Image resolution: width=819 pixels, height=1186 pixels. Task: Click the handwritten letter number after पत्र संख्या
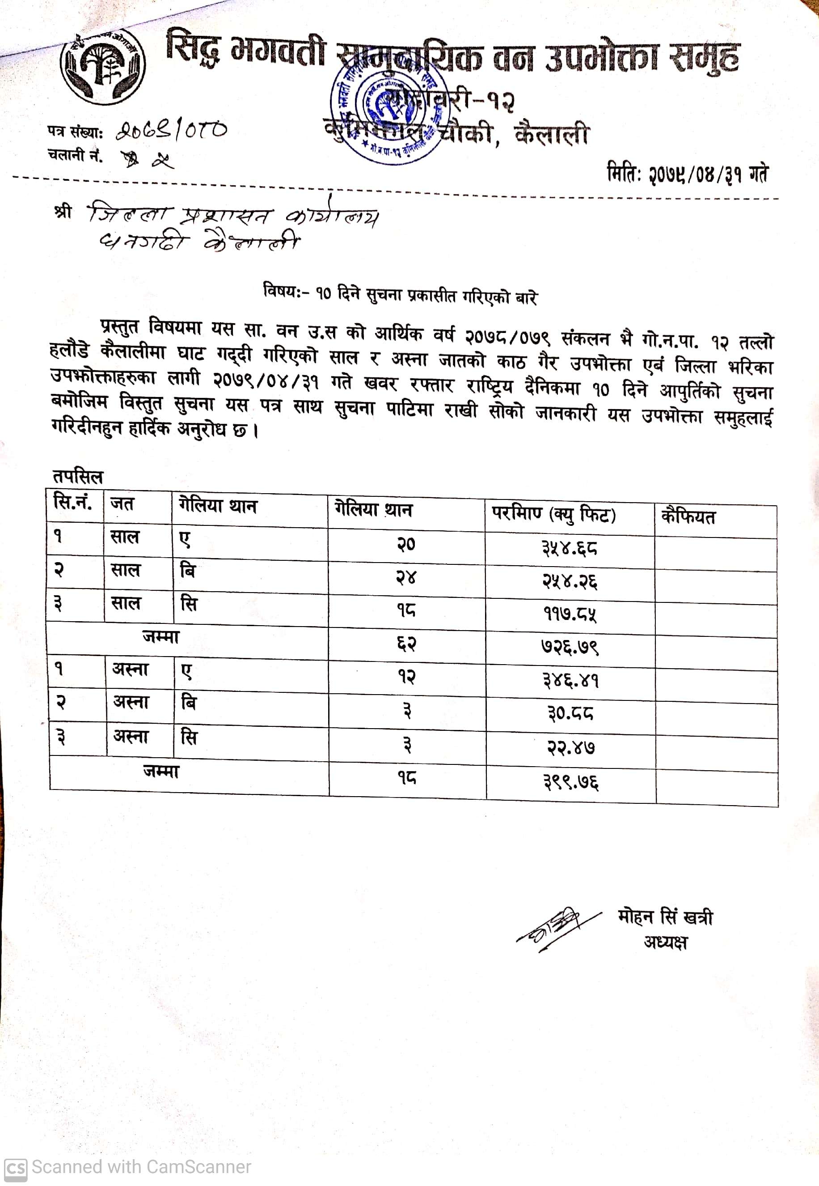171,131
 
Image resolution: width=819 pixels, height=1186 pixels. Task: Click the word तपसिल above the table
77,476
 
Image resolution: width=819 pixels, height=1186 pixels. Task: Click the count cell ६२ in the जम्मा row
406,644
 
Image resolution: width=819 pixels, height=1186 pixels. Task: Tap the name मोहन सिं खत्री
666,917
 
